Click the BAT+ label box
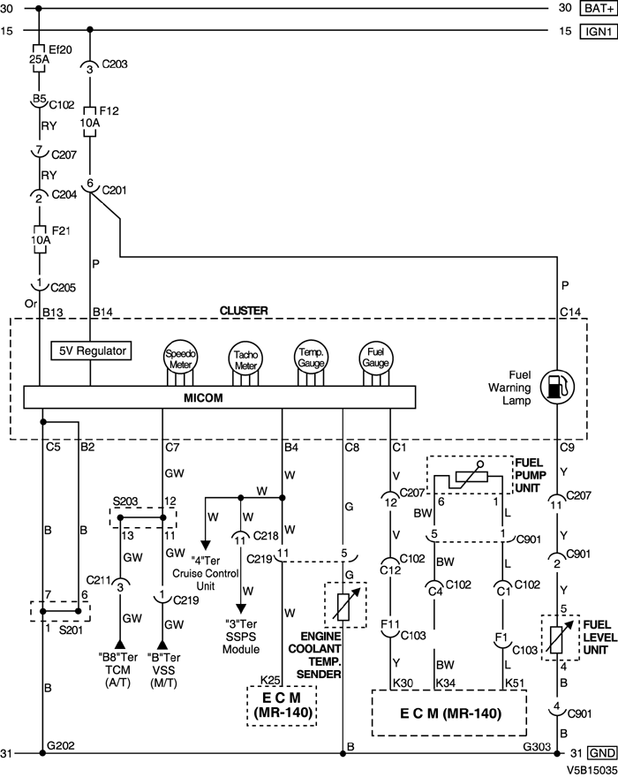(x=598, y=9)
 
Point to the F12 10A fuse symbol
(x=90, y=120)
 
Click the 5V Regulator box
(x=90, y=351)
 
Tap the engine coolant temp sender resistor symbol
(x=343, y=605)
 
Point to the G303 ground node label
(x=538, y=745)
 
